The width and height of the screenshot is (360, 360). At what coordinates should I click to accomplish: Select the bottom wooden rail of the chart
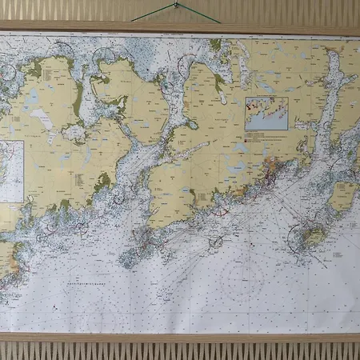coord(179,337)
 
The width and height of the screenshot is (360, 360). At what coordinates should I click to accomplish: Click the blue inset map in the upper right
coord(266,113)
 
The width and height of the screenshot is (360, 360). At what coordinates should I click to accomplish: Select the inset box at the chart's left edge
coord(10,170)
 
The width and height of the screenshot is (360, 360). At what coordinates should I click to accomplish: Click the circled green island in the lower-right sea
coord(309,236)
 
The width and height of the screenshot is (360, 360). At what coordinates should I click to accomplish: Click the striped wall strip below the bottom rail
coord(179,350)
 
